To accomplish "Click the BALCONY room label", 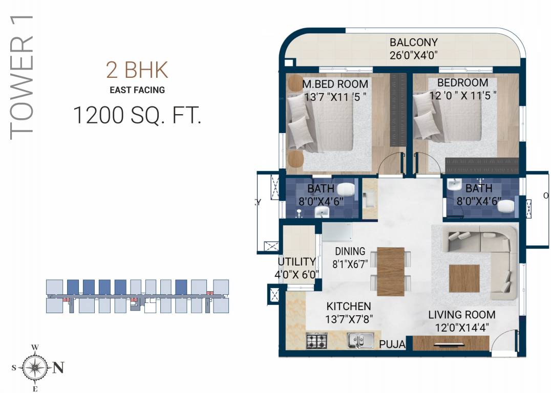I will (413, 42).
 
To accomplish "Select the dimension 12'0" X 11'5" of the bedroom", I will (462, 96).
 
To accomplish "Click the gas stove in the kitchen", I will (317, 340).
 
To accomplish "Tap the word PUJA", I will (392, 345).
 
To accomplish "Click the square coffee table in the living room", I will (464, 278).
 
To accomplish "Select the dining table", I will (390, 271).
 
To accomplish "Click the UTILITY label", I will (296, 262).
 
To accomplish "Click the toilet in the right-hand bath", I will (506, 206).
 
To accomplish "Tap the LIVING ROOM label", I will (461, 315).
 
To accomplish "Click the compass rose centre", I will (35, 367).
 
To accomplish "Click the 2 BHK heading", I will (137, 70).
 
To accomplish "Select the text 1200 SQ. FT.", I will (137, 115).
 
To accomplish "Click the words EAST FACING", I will (137, 90).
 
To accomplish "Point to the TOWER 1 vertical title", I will (22, 77).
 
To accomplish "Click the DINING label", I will (350, 251).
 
